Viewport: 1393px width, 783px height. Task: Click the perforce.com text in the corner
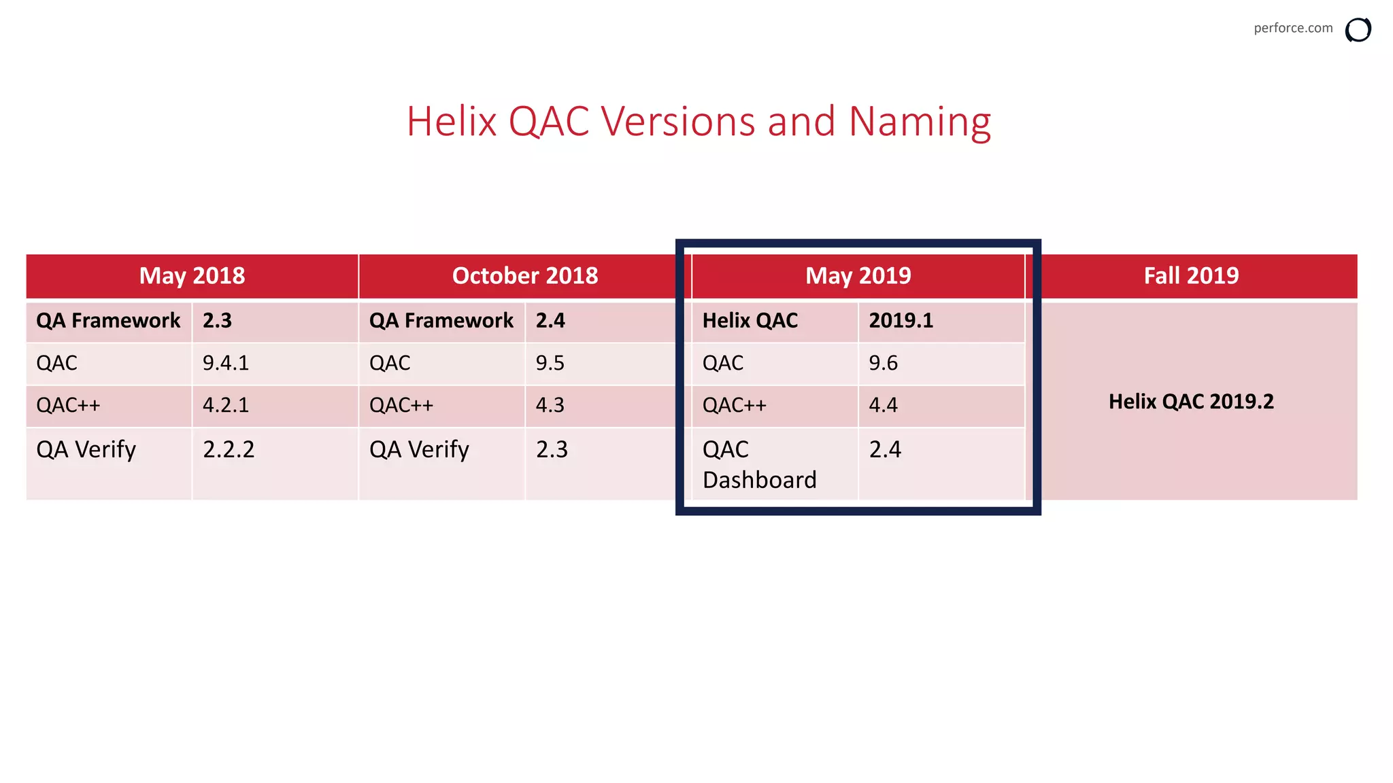[1292, 28]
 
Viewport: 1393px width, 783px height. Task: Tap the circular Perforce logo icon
[1358, 30]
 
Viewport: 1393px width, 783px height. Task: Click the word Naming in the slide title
[920, 122]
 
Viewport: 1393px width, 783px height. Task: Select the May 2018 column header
[192, 276]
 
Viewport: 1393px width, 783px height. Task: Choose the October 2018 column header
[525, 276]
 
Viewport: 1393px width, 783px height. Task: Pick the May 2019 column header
[858, 276]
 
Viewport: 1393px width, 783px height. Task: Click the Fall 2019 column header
[1191, 276]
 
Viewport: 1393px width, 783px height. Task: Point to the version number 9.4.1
[226, 363]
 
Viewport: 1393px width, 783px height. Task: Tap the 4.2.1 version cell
[226, 405]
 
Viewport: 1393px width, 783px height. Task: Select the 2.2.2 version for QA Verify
[229, 449]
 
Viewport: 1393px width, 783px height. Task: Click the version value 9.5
[550, 363]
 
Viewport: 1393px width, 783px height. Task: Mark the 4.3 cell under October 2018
[550, 405]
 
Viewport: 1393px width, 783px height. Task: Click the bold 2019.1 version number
[901, 320]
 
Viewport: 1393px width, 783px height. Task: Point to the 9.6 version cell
[883, 363]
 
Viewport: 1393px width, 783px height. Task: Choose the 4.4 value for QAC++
[883, 405]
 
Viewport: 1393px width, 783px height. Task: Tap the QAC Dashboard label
[758, 464]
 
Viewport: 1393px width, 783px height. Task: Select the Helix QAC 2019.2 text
[1191, 402]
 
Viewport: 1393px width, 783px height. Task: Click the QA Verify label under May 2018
[86, 449]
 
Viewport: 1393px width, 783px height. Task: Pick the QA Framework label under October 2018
[441, 320]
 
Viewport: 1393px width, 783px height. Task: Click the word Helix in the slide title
[452, 122]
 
